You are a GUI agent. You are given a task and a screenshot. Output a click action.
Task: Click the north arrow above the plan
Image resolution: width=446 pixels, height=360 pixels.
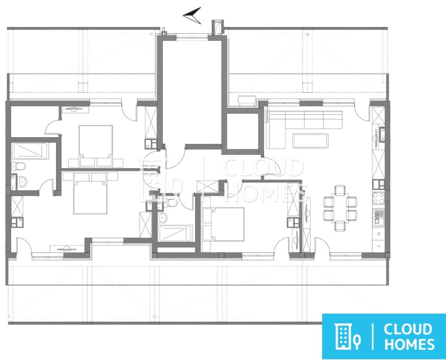[x=193, y=15]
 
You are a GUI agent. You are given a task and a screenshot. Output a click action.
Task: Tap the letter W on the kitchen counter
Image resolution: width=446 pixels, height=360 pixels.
[x=379, y=234]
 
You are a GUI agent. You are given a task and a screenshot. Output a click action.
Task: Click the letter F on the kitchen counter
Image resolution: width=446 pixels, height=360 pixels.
[x=379, y=246]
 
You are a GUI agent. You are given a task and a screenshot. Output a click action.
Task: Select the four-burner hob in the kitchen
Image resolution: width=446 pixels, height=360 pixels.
[x=379, y=198]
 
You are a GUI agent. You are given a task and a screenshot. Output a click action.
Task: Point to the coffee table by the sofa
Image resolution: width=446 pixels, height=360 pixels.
[x=310, y=141]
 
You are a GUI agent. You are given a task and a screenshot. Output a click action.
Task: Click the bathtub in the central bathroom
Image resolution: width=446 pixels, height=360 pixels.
[x=175, y=233]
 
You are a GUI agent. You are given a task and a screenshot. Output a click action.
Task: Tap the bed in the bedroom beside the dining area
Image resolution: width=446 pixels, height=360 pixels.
[x=223, y=224]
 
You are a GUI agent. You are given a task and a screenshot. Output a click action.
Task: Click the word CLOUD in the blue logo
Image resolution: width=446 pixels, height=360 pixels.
[x=407, y=330]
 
